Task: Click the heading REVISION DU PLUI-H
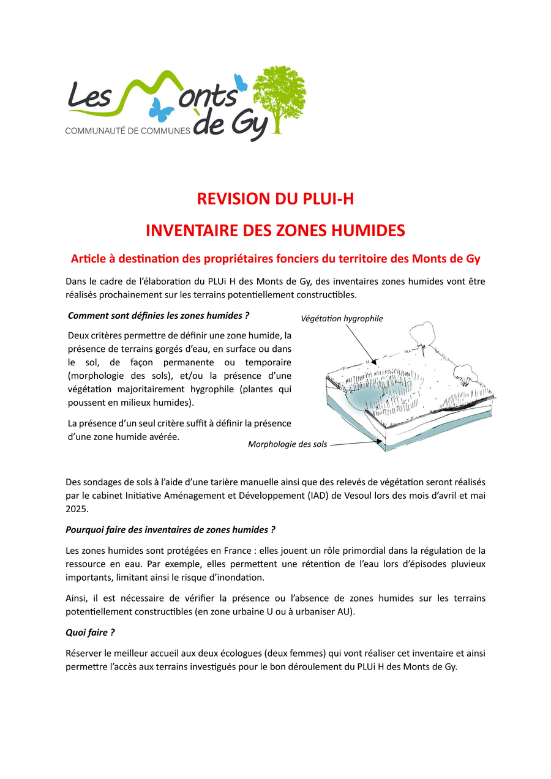point(275,199)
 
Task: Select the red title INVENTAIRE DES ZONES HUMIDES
point(275,231)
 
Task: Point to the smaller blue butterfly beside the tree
point(241,82)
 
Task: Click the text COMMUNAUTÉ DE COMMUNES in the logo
point(128,131)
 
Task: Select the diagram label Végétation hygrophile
point(342,319)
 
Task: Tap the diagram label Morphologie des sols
point(287,444)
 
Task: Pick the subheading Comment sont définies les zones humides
point(159,316)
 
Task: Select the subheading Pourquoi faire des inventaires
point(170,529)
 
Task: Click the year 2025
point(77,509)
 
